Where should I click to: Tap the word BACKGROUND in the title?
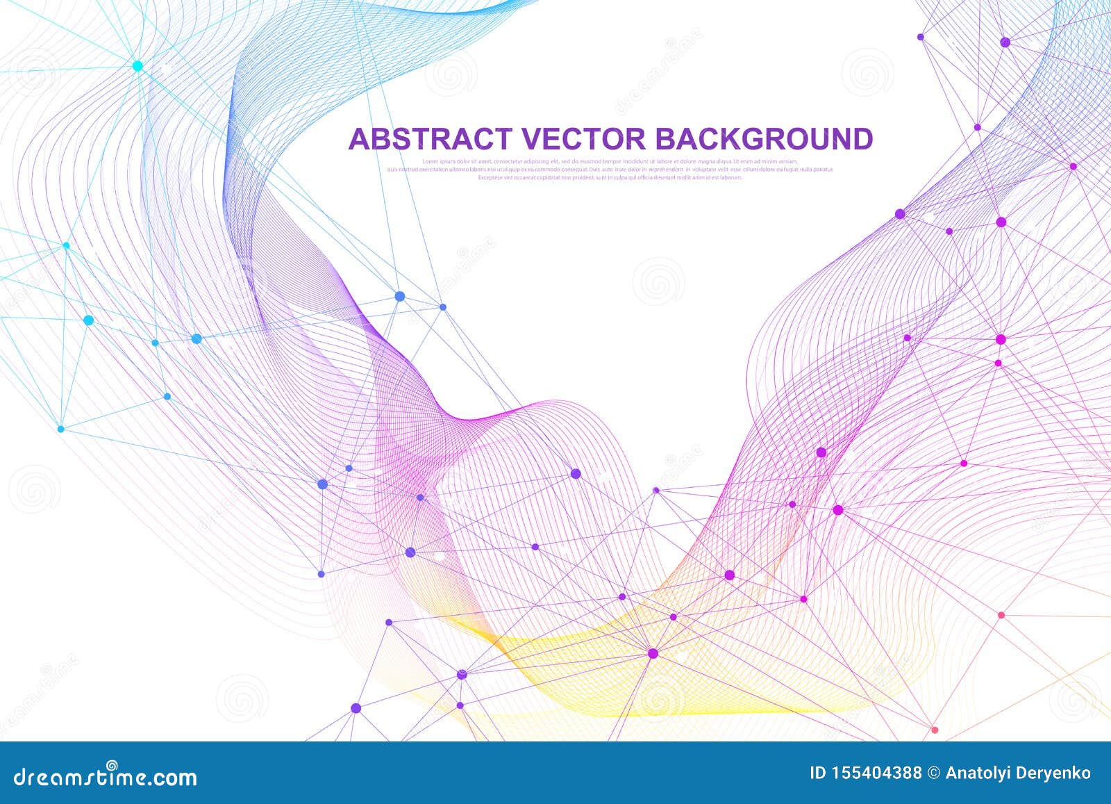[765, 139]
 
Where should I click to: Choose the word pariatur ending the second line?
[823, 169]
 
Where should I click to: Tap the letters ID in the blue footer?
[819, 773]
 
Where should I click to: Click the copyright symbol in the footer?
[935, 773]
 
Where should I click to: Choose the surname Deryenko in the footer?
[1057, 773]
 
